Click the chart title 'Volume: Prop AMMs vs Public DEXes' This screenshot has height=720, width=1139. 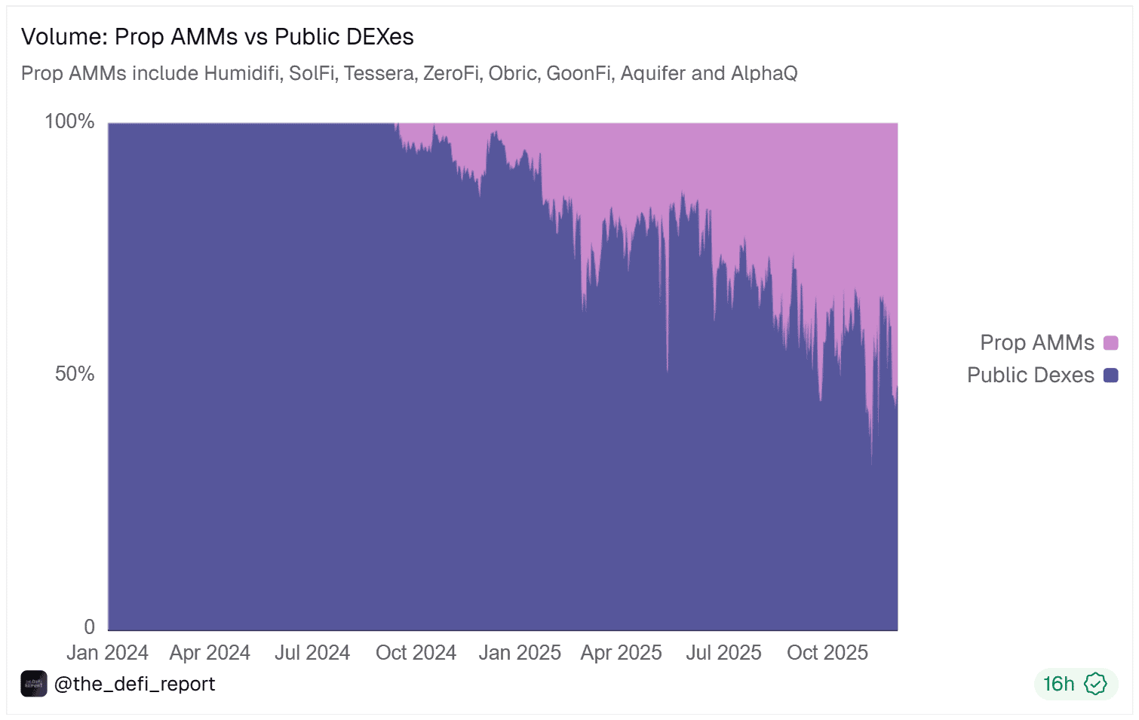click(217, 37)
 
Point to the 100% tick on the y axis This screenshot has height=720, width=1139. click(69, 121)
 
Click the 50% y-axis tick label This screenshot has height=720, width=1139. click(75, 374)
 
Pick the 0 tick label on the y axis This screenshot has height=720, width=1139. click(90, 627)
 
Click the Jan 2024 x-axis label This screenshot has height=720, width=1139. click(107, 652)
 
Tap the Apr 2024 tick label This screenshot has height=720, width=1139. click(210, 652)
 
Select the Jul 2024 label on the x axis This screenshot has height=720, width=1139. click(312, 652)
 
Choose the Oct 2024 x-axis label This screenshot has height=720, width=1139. click(416, 652)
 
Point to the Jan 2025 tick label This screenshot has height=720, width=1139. click(520, 652)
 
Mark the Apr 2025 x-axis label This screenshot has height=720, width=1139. click(621, 652)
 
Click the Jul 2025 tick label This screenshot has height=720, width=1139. click(723, 652)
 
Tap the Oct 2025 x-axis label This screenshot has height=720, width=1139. click(827, 652)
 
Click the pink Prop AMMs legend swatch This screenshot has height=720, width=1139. click(1110, 343)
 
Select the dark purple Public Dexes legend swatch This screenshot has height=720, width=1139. click(1110, 375)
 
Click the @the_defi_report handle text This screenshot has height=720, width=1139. click(134, 684)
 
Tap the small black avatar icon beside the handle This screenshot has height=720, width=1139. click(34, 684)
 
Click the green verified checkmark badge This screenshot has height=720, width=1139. click(1095, 684)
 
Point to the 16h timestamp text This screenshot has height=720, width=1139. click(1058, 684)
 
